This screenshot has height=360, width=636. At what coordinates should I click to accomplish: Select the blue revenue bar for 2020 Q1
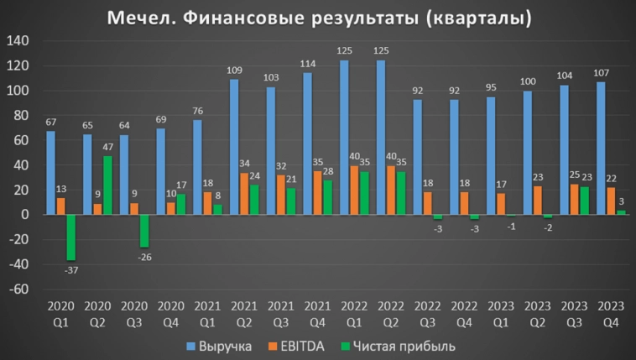pyautogui.click(x=51, y=173)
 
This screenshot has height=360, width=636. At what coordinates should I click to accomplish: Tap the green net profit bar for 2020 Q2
pyautogui.click(x=107, y=185)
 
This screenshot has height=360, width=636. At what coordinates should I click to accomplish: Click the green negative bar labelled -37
pyautogui.click(x=70, y=237)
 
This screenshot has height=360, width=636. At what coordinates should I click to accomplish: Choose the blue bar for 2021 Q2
pyautogui.click(x=234, y=147)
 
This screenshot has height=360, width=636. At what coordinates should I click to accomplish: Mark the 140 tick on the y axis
pyautogui.click(x=18, y=41)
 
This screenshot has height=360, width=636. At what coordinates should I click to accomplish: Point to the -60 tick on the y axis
pyautogui.click(x=18, y=290)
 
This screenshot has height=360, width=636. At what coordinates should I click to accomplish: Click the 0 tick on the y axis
pyautogui.click(x=25, y=215)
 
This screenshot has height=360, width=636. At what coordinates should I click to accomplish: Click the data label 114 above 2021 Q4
pyautogui.click(x=308, y=64)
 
